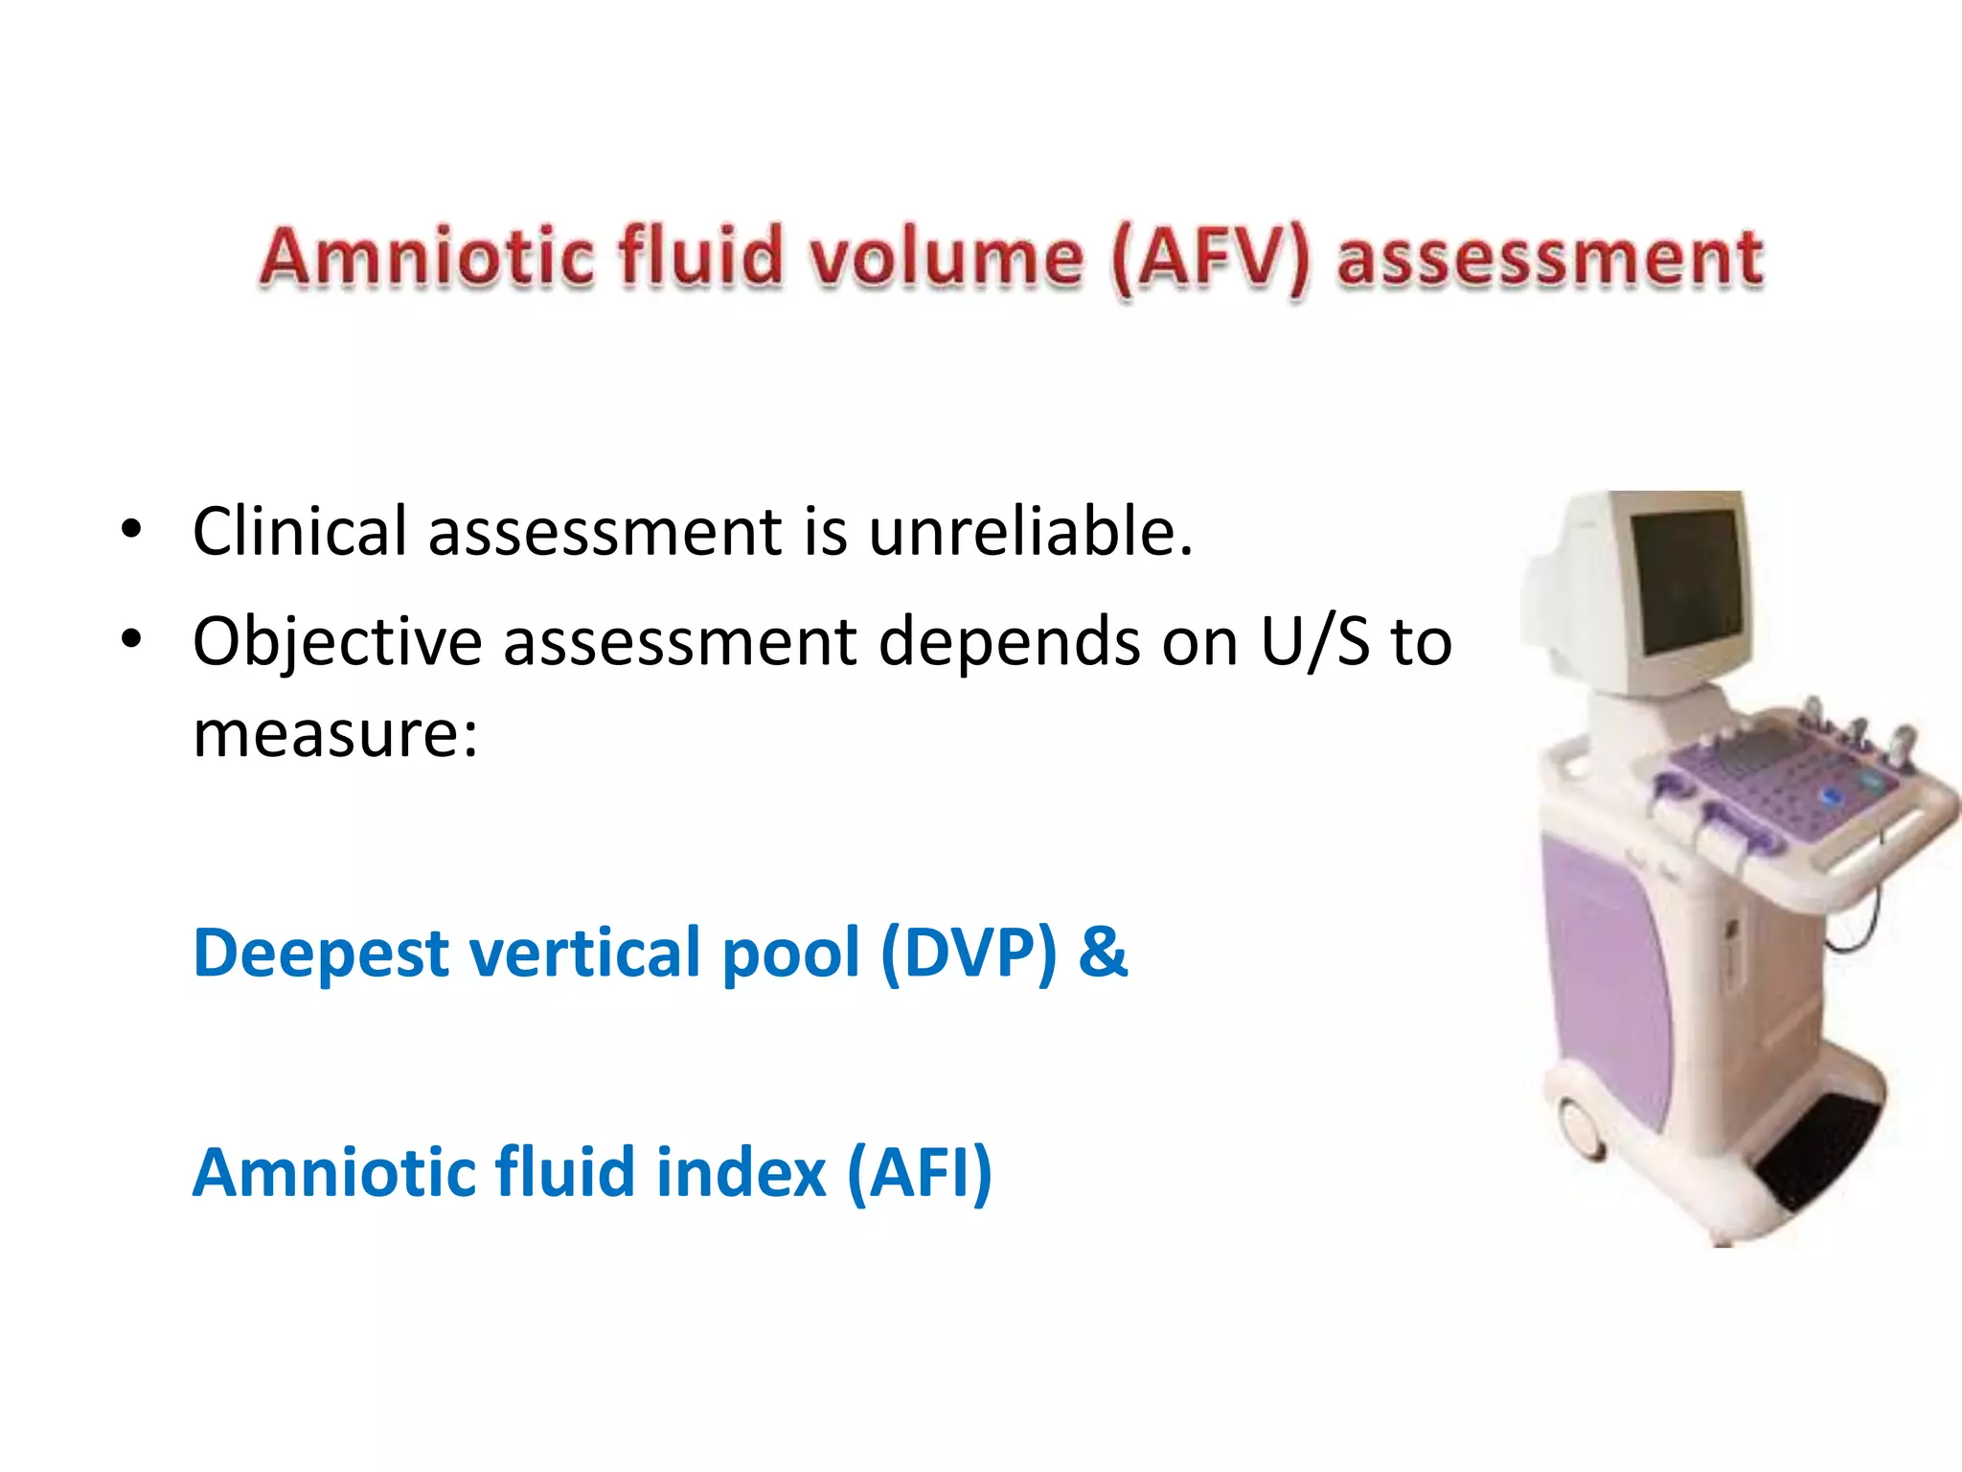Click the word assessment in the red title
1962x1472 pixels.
(x=1549, y=259)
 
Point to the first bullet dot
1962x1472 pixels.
(x=132, y=529)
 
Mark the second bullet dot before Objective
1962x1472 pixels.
(x=132, y=638)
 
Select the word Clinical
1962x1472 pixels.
(x=299, y=531)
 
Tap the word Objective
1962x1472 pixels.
(x=336, y=642)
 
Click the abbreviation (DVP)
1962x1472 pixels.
(x=968, y=954)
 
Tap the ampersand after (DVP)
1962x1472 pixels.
(x=1103, y=953)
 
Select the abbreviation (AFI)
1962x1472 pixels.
(x=920, y=1173)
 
